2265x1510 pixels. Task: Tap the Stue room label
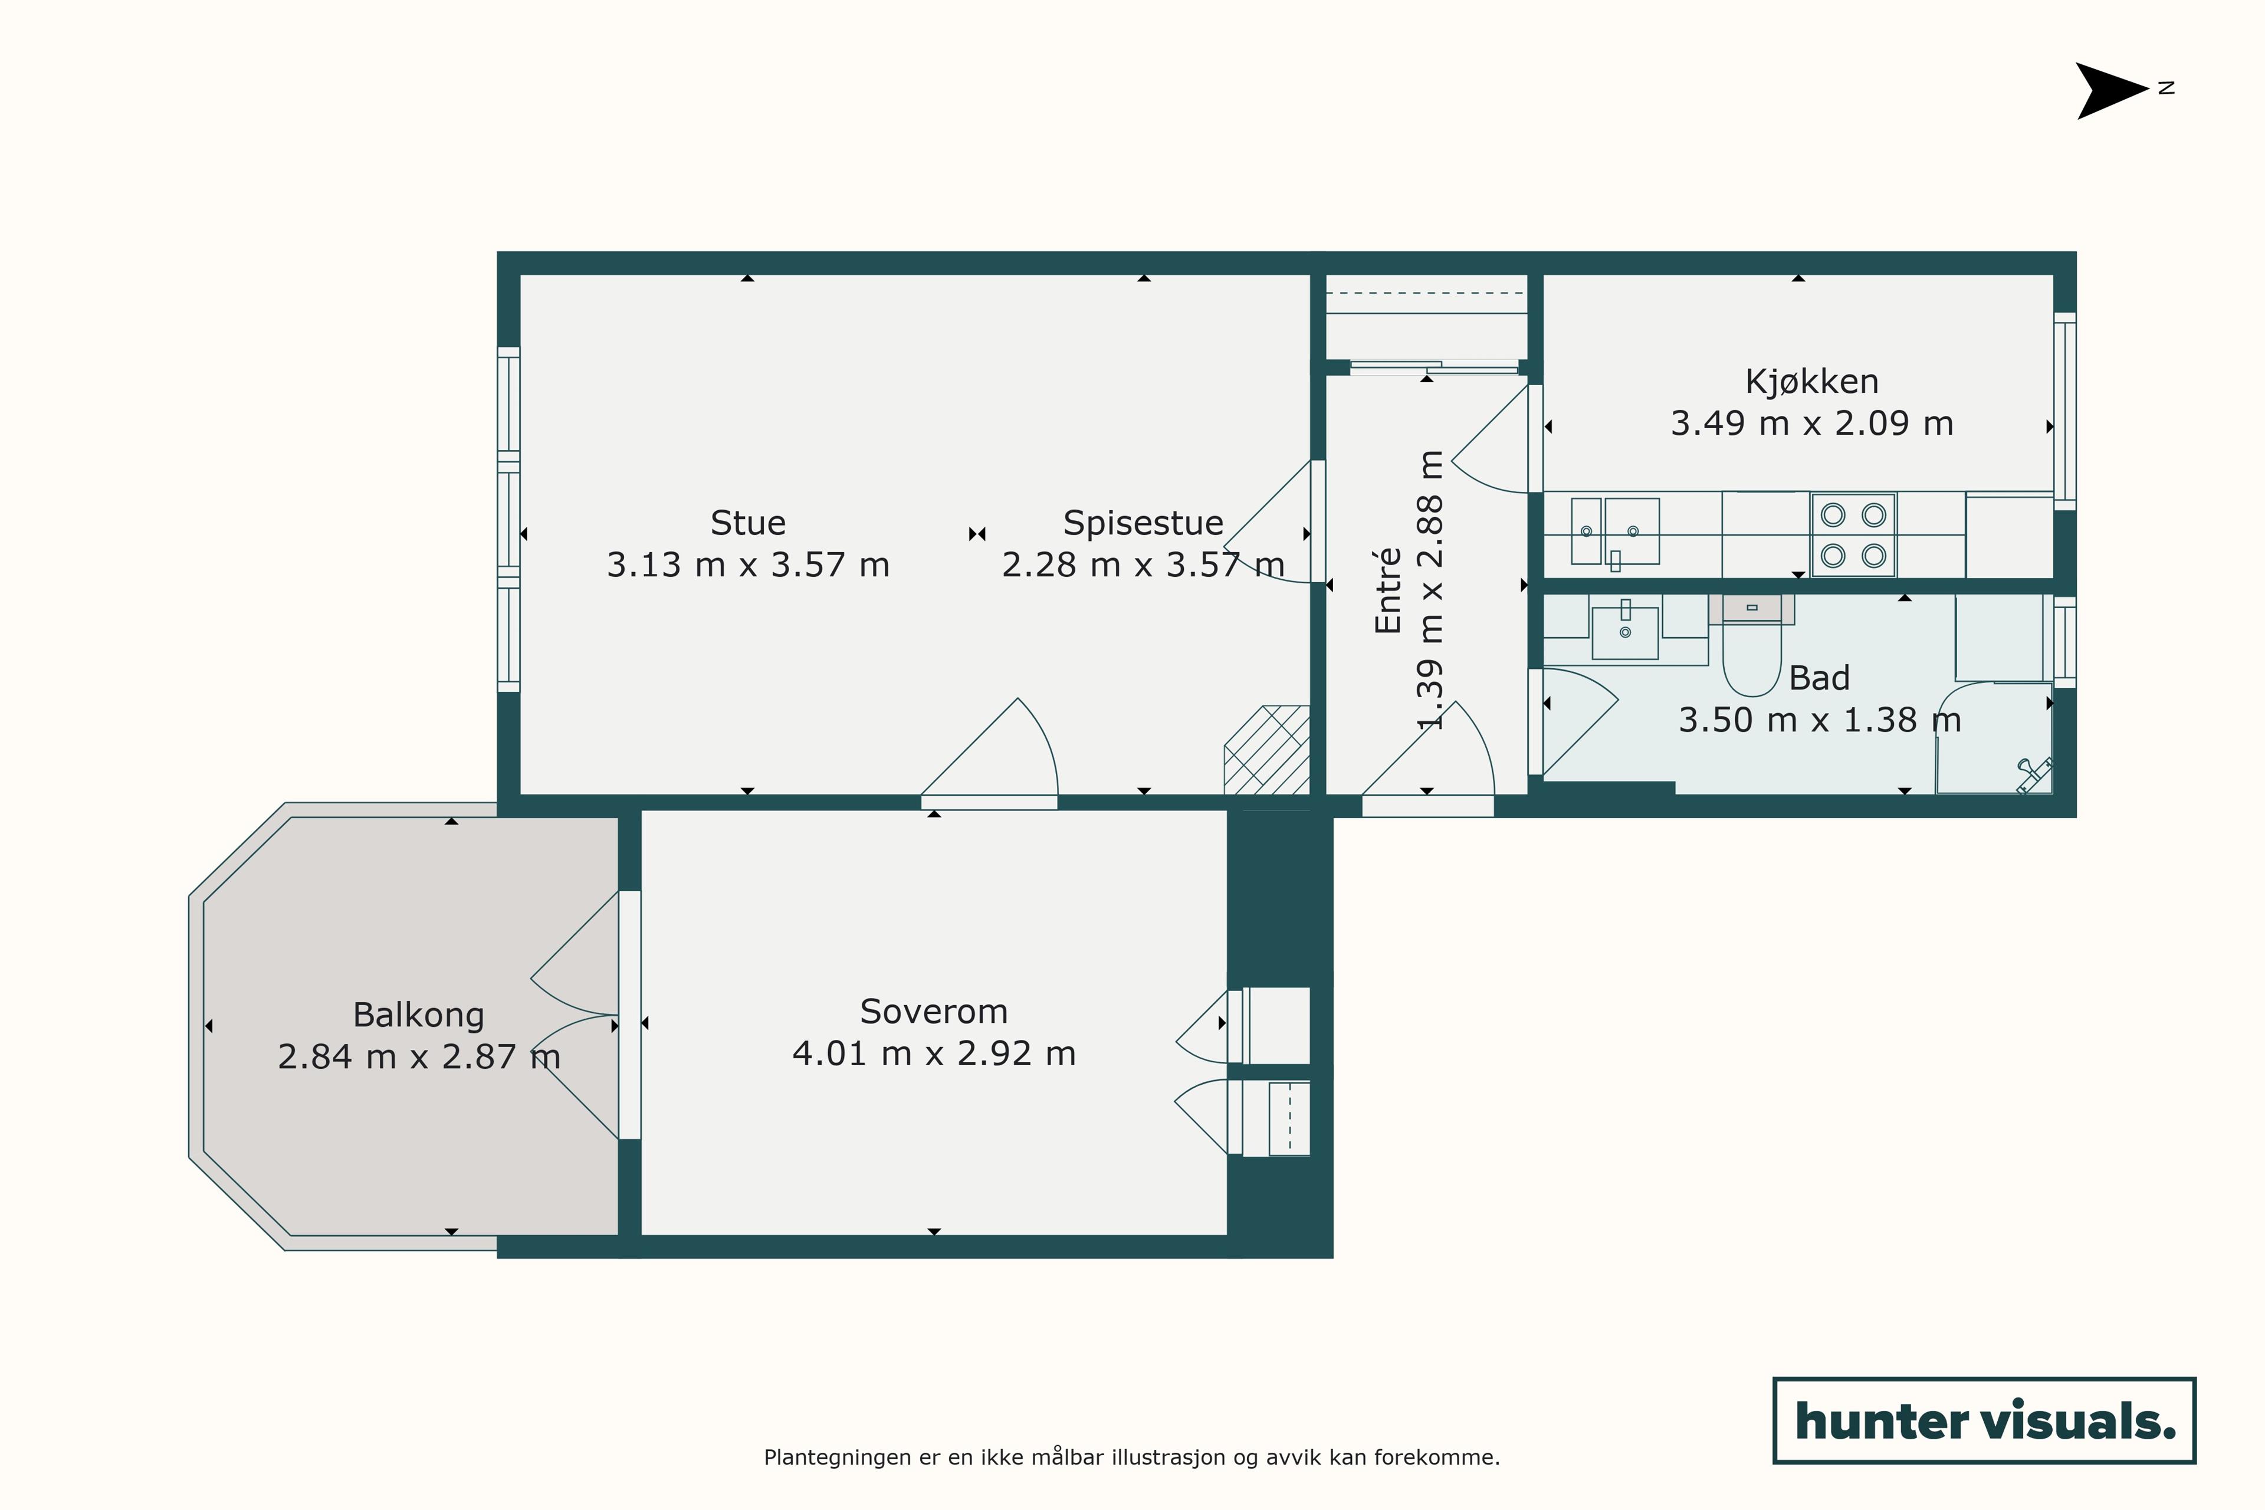coord(749,523)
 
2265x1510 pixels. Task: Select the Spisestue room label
coord(1143,523)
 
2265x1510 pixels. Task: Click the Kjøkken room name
coord(1811,382)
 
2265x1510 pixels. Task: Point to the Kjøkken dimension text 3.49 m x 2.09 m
coord(1811,424)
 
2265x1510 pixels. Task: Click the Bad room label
coord(1819,678)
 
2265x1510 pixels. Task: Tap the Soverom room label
coord(933,1011)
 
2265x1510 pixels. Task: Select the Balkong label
coord(419,1015)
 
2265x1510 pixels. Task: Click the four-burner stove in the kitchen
coord(1853,536)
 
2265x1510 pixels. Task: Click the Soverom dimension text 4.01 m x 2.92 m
coord(933,1053)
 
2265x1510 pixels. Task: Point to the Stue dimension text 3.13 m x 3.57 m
coord(749,564)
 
